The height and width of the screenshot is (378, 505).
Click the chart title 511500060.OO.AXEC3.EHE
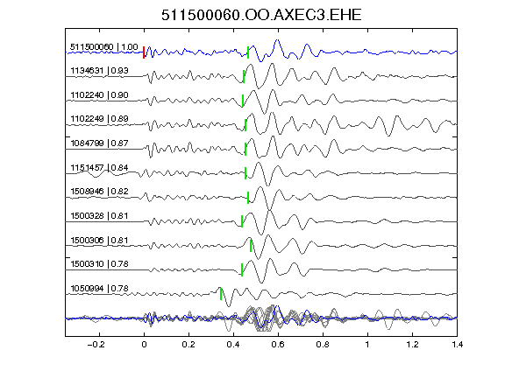click(261, 15)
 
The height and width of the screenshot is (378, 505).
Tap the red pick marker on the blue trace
click(144, 52)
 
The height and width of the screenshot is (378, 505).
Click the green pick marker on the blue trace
click(248, 52)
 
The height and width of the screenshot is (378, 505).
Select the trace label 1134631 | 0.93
click(100, 70)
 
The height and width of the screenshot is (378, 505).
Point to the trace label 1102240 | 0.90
click(100, 95)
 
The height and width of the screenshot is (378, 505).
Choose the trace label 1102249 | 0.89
click(100, 119)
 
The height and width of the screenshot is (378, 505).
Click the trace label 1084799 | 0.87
click(100, 143)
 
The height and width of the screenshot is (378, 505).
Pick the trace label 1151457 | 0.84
click(100, 167)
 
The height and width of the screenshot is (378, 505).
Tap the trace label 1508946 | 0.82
click(100, 192)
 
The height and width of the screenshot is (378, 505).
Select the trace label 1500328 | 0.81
click(100, 215)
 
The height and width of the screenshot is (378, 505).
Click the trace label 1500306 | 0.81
click(100, 240)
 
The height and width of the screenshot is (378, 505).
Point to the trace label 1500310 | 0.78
click(100, 264)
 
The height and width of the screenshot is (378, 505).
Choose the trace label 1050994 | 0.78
click(100, 289)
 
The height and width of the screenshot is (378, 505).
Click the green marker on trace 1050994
click(221, 294)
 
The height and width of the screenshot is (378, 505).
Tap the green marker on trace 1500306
click(251, 246)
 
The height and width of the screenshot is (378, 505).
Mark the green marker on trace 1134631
click(244, 76)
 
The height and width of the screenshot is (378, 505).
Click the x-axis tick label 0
click(144, 345)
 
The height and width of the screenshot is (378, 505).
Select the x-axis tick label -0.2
click(96, 345)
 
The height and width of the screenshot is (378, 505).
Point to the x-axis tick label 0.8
click(323, 345)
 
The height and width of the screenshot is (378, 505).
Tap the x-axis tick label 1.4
click(457, 345)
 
